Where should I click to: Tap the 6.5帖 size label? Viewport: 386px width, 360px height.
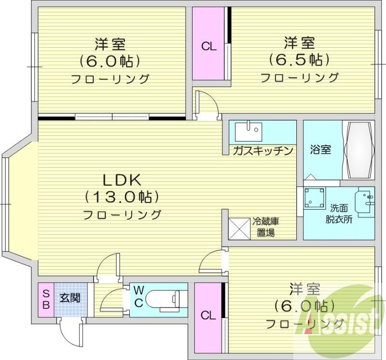click(299, 60)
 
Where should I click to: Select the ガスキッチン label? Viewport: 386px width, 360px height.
click(263, 151)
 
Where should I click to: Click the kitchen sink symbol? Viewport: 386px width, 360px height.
click(248, 130)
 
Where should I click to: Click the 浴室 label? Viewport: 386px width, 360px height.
click(320, 149)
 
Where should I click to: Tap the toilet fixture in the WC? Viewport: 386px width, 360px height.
click(164, 299)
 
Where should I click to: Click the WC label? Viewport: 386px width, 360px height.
click(138, 296)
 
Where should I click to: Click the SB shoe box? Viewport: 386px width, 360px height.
click(46, 299)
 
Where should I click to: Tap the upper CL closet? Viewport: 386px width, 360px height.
click(209, 46)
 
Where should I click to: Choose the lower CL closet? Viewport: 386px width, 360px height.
click(208, 316)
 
